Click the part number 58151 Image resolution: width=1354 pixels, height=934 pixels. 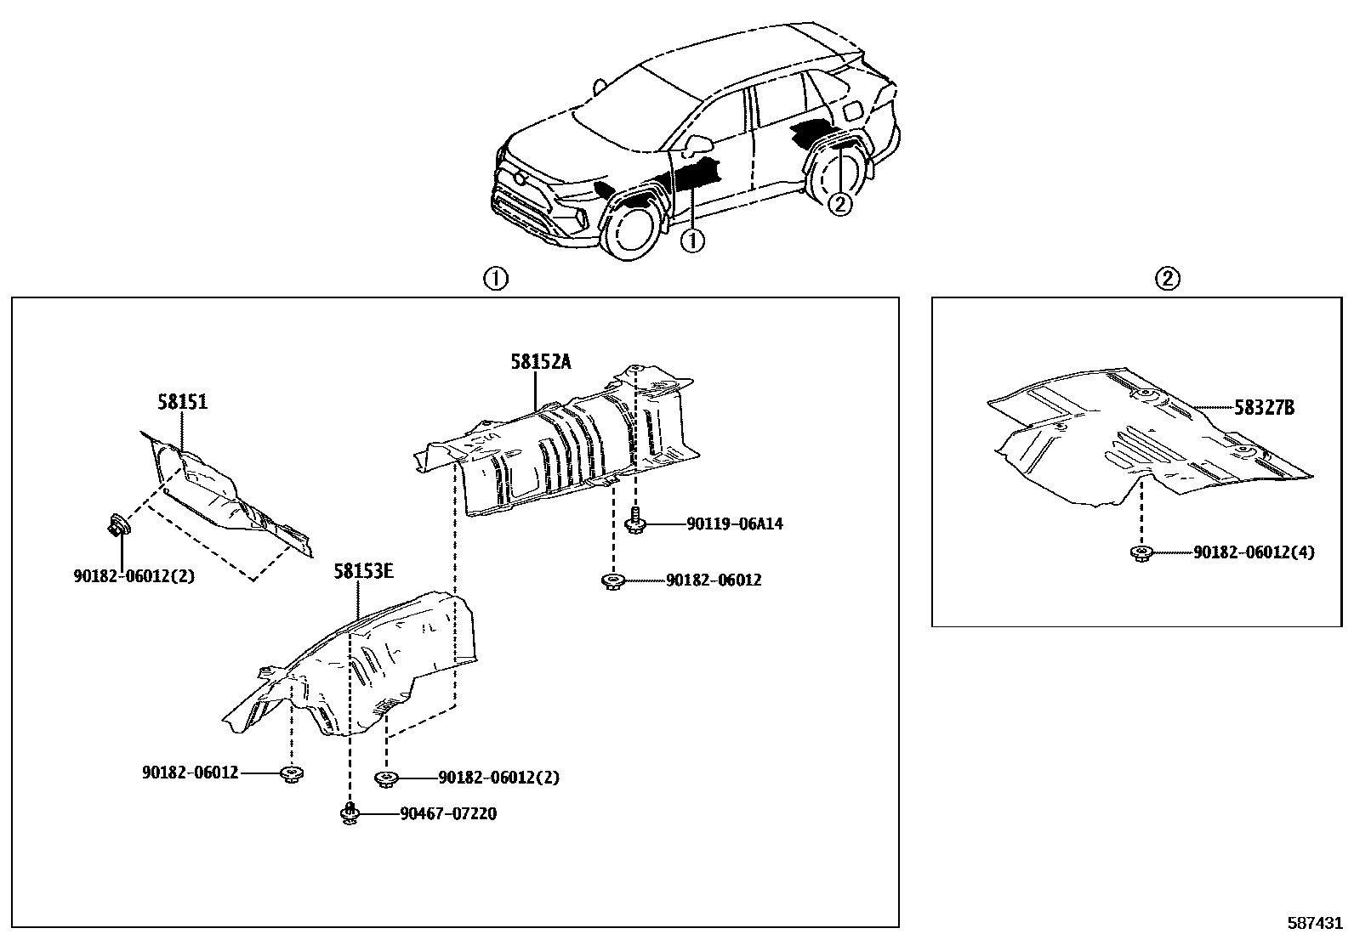[x=181, y=402]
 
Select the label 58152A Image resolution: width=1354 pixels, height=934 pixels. [x=541, y=362]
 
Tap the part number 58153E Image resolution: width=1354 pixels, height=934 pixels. [x=363, y=571]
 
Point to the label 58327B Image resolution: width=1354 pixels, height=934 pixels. [x=1264, y=408]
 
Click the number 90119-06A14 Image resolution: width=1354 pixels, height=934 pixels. [x=735, y=524]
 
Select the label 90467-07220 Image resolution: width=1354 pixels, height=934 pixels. [x=448, y=814]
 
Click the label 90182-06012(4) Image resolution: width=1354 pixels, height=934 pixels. [x=1253, y=552]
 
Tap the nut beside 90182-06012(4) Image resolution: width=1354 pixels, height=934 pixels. [x=1140, y=553]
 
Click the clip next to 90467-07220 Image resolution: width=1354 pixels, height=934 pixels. [x=350, y=813]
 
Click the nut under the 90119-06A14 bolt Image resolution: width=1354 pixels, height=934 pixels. [x=612, y=581]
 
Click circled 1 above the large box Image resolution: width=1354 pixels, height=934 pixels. [x=495, y=279]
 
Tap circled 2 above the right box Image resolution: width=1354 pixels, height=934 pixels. [x=1168, y=279]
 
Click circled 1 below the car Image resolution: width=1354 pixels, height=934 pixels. [x=692, y=241]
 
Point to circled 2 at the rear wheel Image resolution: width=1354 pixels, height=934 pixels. [x=840, y=204]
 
